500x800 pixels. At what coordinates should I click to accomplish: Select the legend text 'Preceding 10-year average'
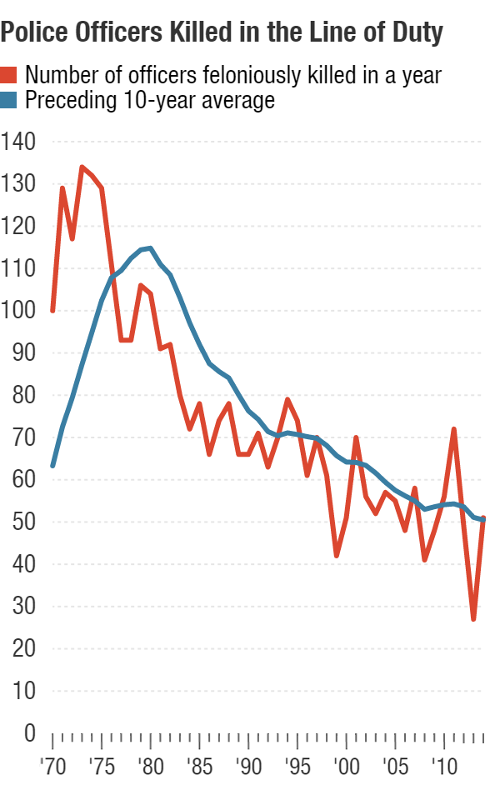pyautogui.click(x=150, y=102)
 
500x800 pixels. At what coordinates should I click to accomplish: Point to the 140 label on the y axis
pyautogui.click(x=19, y=142)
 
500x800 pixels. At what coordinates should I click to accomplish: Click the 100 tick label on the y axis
pyautogui.click(x=19, y=311)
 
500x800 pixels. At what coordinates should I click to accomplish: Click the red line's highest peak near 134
pyautogui.click(x=82, y=167)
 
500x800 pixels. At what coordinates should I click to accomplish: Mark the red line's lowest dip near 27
pyautogui.click(x=473, y=619)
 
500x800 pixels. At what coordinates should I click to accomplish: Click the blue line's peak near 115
pyautogui.click(x=149, y=247)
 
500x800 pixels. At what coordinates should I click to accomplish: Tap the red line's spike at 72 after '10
pyautogui.click(x=453, y=429)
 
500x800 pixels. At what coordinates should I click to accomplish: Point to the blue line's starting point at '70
pyautogui.click(x=52, y=466)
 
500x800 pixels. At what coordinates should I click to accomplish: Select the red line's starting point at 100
pyautogui.click(x=52, y=311)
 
